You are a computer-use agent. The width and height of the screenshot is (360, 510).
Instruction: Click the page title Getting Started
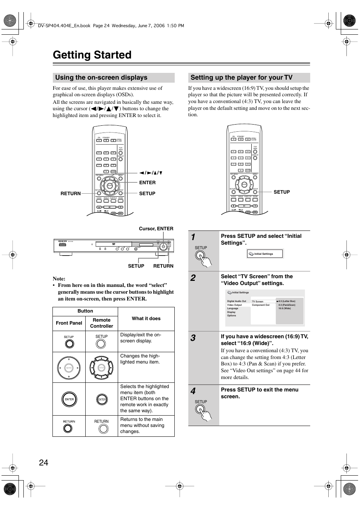point(92,55)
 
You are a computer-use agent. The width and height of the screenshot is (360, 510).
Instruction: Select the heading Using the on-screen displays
point(101,78)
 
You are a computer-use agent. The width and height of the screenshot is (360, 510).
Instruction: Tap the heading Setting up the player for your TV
point(242,78)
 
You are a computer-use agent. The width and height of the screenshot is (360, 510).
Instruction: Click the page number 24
point(43,462)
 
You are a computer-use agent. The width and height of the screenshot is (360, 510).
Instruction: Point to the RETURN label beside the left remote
point(71,194)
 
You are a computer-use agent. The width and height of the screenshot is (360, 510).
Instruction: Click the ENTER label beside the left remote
point(147,183)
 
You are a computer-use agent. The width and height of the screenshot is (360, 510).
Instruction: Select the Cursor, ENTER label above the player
point(156,229)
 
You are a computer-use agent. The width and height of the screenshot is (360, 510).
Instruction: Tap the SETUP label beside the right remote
point(282,192)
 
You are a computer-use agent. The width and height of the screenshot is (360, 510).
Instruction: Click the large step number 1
point(193,237)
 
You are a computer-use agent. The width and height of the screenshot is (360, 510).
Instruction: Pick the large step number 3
point(193,338)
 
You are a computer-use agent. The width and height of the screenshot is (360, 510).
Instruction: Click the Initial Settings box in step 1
point(265,254)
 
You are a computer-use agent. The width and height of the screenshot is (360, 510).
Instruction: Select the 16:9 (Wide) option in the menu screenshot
point(285,308)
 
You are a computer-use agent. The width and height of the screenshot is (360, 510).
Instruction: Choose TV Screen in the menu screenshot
point(258,302)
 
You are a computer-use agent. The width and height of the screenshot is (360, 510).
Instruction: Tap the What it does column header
point(146,319)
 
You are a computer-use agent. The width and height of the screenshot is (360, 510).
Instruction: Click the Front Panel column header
point(69,323)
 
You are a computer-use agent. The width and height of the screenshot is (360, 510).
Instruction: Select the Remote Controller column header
point(102,323)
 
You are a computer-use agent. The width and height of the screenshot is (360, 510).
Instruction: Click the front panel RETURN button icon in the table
point(68,428)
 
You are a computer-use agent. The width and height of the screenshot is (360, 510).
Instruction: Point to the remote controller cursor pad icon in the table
point(102,367)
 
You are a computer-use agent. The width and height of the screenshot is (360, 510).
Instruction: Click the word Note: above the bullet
point(59,279)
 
